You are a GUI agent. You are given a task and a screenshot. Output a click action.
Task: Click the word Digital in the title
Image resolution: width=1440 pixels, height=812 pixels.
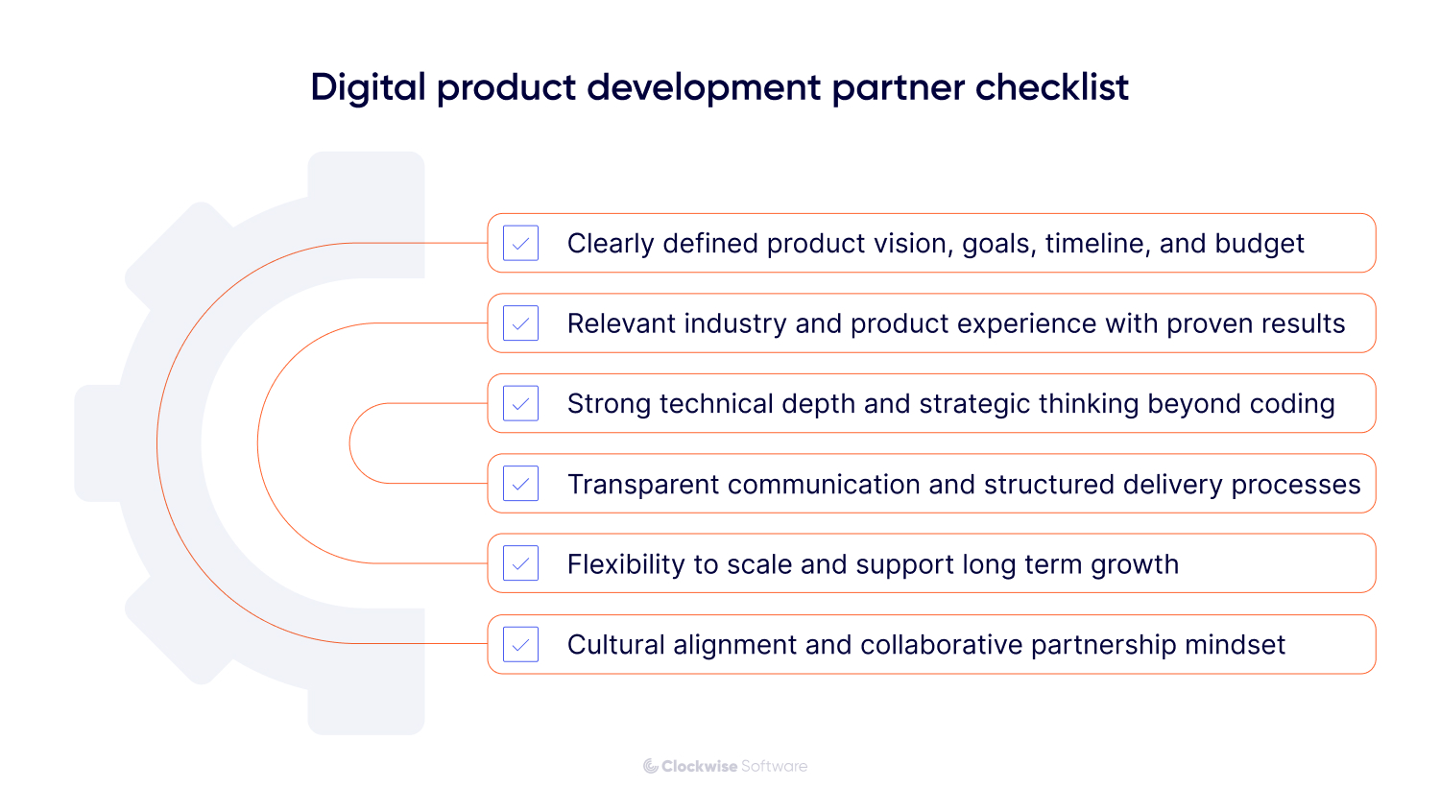point(368,87)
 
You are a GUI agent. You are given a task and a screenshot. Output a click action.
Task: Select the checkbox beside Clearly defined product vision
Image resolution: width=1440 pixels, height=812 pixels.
point(520,244)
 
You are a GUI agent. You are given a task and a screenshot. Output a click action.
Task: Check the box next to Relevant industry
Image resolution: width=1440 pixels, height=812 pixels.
point(520,323)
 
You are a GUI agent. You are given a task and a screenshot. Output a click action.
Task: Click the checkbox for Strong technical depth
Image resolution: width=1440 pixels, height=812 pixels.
point(520,404)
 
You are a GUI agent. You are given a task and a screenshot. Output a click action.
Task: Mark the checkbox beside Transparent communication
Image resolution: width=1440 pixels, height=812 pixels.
point(520,484)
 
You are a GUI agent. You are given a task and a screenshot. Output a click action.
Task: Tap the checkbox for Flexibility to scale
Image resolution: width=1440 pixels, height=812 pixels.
point(520,564)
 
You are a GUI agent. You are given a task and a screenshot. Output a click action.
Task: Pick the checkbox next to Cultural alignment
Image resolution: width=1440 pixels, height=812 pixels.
point(520,645)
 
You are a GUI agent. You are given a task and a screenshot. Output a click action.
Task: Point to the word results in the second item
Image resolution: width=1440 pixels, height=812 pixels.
point(1304,324)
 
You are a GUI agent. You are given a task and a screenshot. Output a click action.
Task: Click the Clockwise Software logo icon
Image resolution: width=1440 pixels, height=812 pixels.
point(650,766)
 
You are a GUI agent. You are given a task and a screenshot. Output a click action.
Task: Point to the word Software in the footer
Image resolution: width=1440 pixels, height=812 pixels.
point(774,766)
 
